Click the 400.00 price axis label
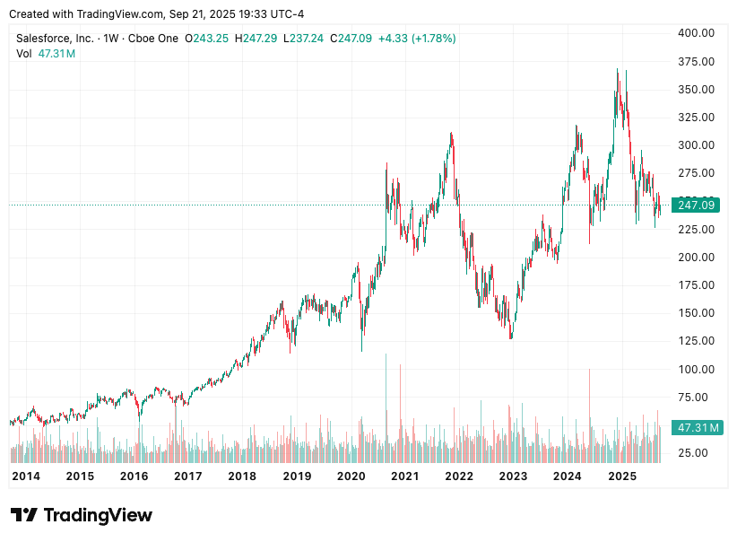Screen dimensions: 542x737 [696, 33]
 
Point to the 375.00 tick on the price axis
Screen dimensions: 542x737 [696, 61]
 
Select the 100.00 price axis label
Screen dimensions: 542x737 [696, 369]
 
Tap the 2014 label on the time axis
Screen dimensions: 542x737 [25, 476]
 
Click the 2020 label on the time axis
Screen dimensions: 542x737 [351, 476]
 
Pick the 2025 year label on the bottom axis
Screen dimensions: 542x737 [621, 476]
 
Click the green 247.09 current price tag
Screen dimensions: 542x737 [696, 205]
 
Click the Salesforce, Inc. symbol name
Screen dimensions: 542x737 [54, 39]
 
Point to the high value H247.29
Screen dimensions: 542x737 [256, 39]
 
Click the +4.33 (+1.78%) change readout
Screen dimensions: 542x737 [417, 39]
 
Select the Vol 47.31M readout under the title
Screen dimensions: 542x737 [46, 54]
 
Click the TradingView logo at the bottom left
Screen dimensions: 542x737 [82, 515]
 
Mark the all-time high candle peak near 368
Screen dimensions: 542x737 [617, 70]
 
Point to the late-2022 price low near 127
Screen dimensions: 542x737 [511, 337]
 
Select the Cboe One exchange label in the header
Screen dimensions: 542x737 [153, 39]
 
